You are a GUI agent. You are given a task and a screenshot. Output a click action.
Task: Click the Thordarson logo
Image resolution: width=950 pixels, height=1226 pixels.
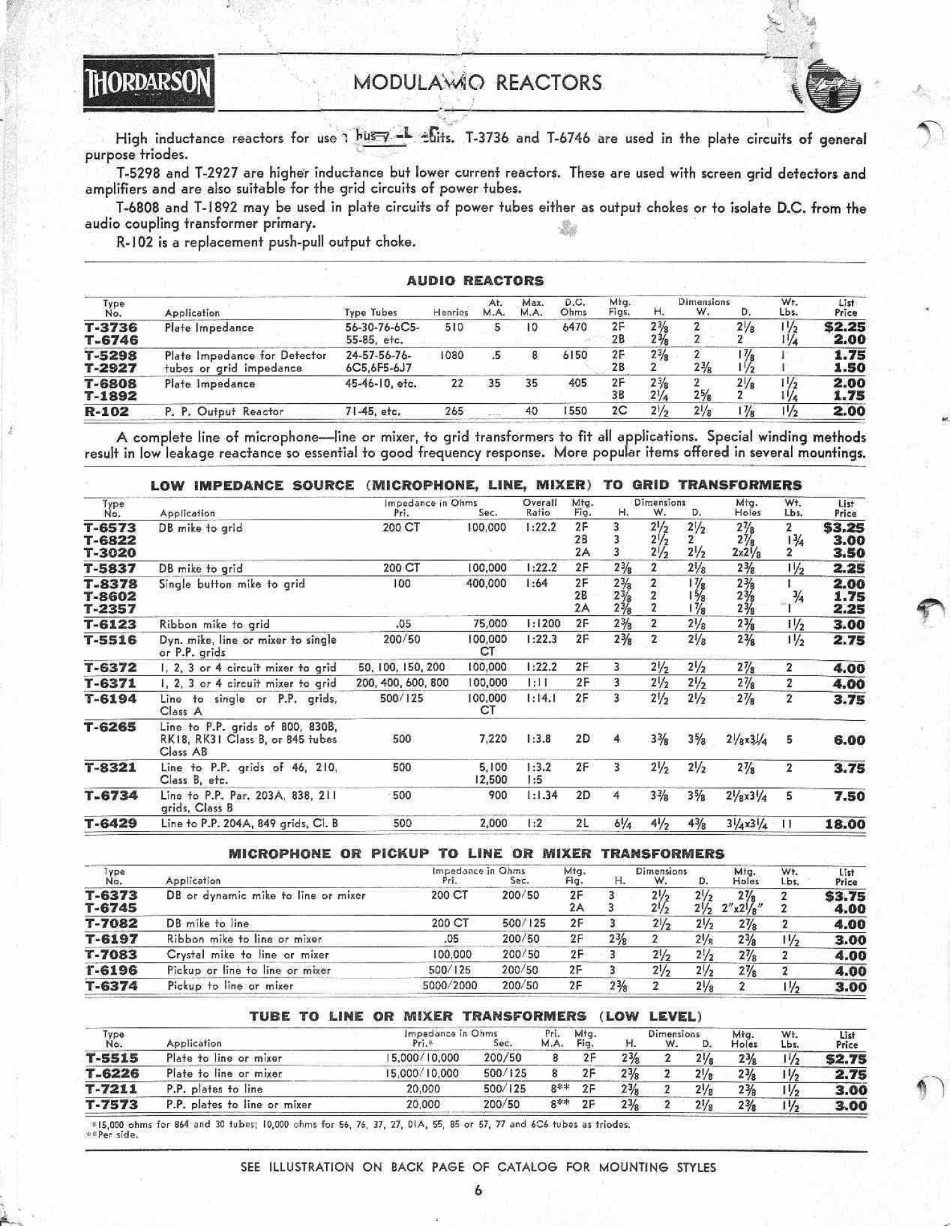[x=149, y=84]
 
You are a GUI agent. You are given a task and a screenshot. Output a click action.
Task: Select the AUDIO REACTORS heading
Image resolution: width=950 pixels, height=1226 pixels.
[x=475, y=280]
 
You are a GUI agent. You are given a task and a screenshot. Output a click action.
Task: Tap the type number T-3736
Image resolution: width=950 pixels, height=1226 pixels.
[x=111, y=327]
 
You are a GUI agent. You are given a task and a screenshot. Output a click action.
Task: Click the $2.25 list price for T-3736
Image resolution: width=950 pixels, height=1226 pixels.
[x=844, y=327]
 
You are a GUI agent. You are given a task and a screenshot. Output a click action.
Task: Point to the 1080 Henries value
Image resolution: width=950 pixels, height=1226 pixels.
[x=452, y=355]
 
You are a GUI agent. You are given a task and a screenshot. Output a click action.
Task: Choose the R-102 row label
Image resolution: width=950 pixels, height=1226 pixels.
[x=106, y=411]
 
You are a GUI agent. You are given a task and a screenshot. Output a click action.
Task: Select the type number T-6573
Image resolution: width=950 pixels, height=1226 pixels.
[x=110, y=528]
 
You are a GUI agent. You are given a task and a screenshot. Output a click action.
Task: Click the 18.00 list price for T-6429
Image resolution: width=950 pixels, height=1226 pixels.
[x=845, y=824]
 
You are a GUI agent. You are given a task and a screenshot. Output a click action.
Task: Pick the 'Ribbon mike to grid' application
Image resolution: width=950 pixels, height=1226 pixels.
[x=214, y=624]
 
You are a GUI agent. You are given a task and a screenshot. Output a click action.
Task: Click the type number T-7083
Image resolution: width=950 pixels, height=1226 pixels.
[x=111, y=954]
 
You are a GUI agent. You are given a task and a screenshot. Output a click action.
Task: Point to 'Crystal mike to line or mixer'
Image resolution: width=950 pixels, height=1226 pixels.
[x=248, y=954]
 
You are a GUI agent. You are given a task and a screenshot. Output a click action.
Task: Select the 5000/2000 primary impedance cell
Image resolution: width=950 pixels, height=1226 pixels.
[x=450, y=985]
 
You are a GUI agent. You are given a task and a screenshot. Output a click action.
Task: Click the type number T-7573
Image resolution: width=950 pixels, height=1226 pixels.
[x=111, y=1104]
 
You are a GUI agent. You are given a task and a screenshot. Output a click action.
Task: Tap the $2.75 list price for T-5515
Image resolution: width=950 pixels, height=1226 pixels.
[x=845, y=1058]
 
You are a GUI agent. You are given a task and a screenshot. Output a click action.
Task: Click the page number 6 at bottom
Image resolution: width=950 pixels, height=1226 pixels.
[x=478, y=1191]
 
